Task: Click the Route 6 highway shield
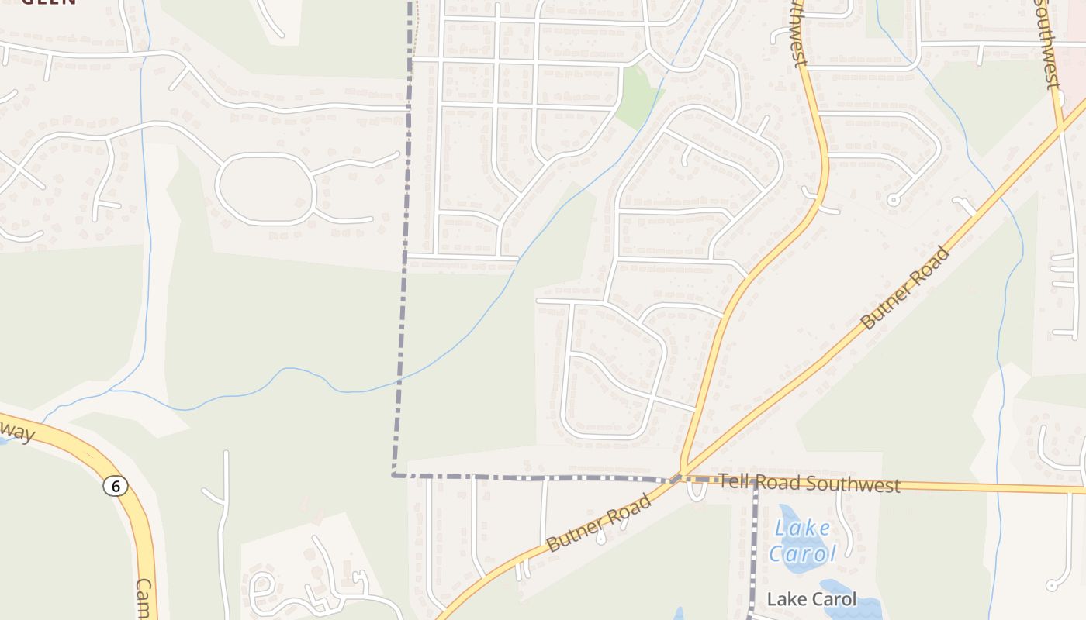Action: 116,486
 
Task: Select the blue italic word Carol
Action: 802,553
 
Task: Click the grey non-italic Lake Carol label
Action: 811,599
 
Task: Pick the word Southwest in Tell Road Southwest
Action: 853,484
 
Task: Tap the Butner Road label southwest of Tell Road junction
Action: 598,524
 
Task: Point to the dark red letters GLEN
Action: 48,2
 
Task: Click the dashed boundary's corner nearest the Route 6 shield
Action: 393,474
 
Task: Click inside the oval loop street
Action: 264,189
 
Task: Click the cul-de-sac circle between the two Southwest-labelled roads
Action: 893,200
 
